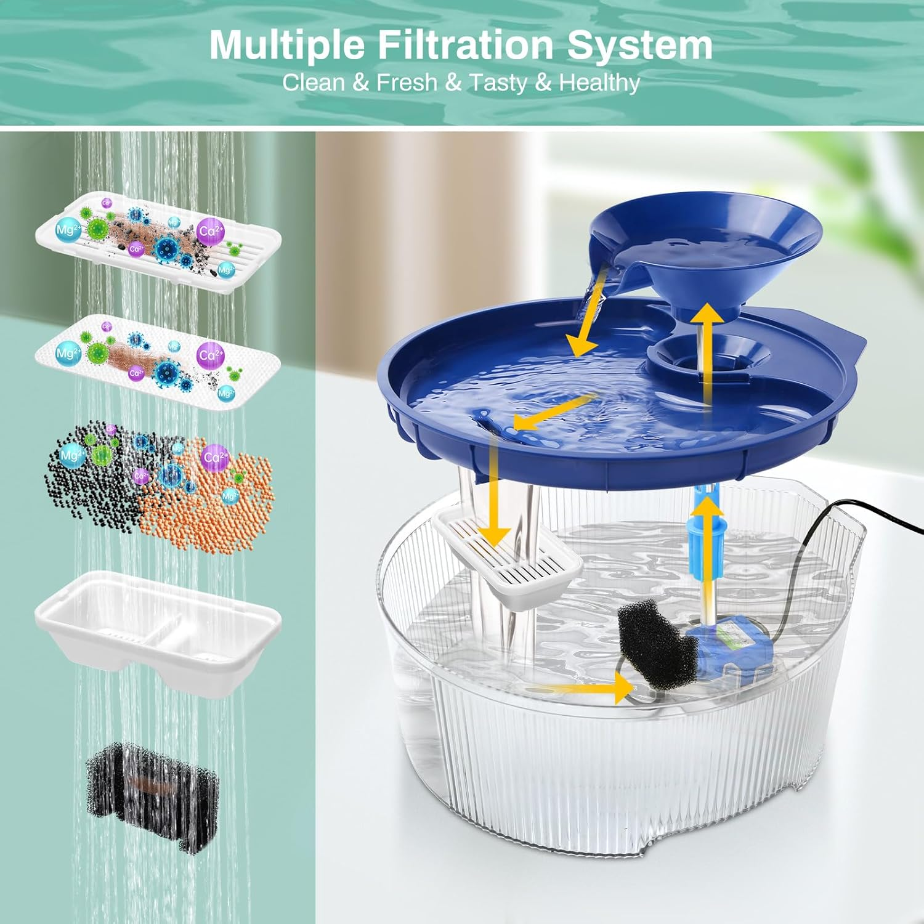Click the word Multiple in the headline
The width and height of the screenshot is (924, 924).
coord(287,45)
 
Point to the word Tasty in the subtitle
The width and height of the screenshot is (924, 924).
coord(498,83)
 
